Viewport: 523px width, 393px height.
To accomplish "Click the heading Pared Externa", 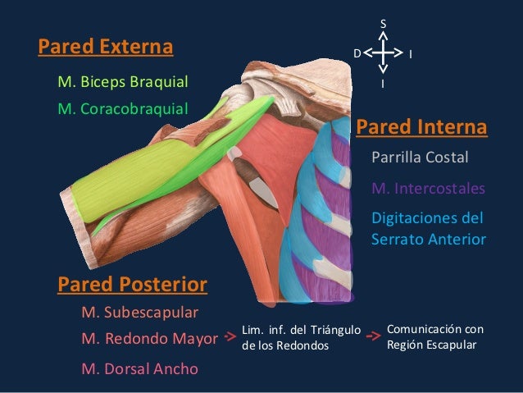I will point(106,47).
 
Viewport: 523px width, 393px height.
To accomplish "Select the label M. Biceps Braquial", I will point(123,82).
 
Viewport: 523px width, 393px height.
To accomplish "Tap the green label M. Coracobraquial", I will point(123,108).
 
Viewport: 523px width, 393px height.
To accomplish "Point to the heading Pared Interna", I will point(421,128).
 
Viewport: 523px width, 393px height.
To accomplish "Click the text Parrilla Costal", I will point(420,157).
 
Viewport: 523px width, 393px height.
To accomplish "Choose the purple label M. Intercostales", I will point(428,189).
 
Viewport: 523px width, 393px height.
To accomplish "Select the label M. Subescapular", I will point(140,313).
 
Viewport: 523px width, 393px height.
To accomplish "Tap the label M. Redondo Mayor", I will point(150,338).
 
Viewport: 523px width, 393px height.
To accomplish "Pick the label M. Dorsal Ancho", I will point(140,368).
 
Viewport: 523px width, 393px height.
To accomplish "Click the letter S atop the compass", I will point(383,25).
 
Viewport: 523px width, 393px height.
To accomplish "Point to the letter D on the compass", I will point(357,53).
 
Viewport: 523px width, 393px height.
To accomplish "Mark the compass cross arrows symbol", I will point(383,53).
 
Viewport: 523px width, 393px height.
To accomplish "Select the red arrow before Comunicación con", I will point(373,336).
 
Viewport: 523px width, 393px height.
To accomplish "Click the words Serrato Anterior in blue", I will point(429,240).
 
